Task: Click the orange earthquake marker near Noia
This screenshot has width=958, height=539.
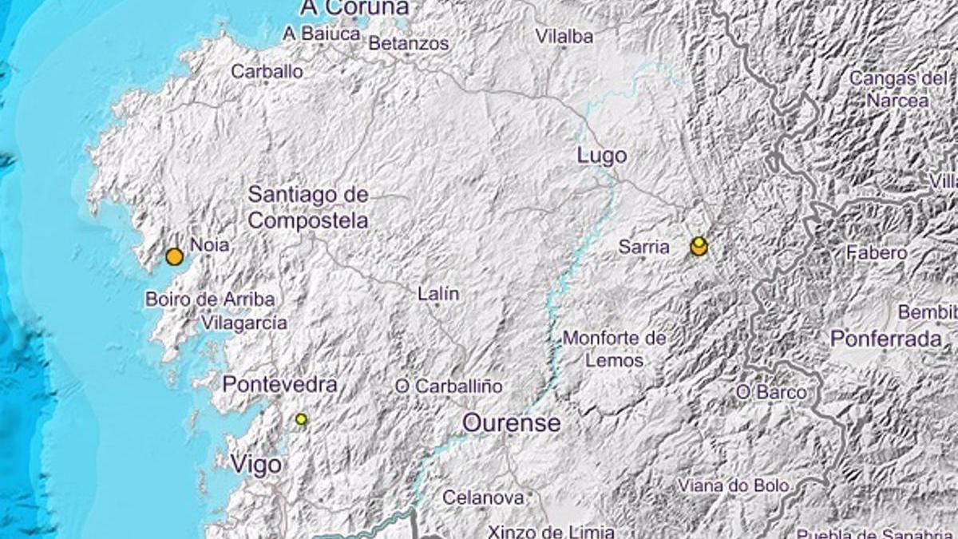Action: pyautogui.click(x=174, y=256)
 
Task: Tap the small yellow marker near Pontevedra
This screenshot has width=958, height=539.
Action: pyautogui.click(x=301, y=418)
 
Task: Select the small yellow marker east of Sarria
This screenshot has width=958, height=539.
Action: pyautogui.click(x=699, y=241)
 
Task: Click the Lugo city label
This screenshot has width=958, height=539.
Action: pyautogui.click(x=601, y=156)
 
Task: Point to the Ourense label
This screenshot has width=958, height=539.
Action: pyautogui.click(x=512, y=422)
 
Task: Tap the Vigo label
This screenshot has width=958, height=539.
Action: pyautogui.click(x=255, y=465)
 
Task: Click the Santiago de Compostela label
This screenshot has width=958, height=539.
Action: pyautogui.click(x=308, y=207)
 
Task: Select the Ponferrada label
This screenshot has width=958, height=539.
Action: pyautogui.click(x=886, y=338)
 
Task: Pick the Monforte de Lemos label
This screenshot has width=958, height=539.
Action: pyautogui.click(x=615, y=349)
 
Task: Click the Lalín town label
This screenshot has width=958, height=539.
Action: pyautogui.click(x=438, y=294)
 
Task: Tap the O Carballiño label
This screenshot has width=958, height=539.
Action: pyautogui.click(x=449, y=386)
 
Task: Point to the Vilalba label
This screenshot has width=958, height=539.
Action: pyautogui.click(x=564, y=36)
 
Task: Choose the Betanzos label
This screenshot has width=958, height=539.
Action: pyautogui.click(x=409, y=44)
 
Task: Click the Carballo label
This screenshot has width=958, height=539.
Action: pyautogui.click(x=267, y=71)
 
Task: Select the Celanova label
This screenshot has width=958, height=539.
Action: pyautogui.click(x=484, y=497)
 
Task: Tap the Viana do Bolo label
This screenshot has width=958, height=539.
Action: pyautogui.click(x=734, y=485)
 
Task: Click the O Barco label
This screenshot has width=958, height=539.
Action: pyautogui.click(x=771, y=392)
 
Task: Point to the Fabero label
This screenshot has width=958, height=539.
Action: pyautogui.click(x=877, y=253)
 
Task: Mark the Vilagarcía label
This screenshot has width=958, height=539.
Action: pyautogui.click(x=244, y=323)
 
